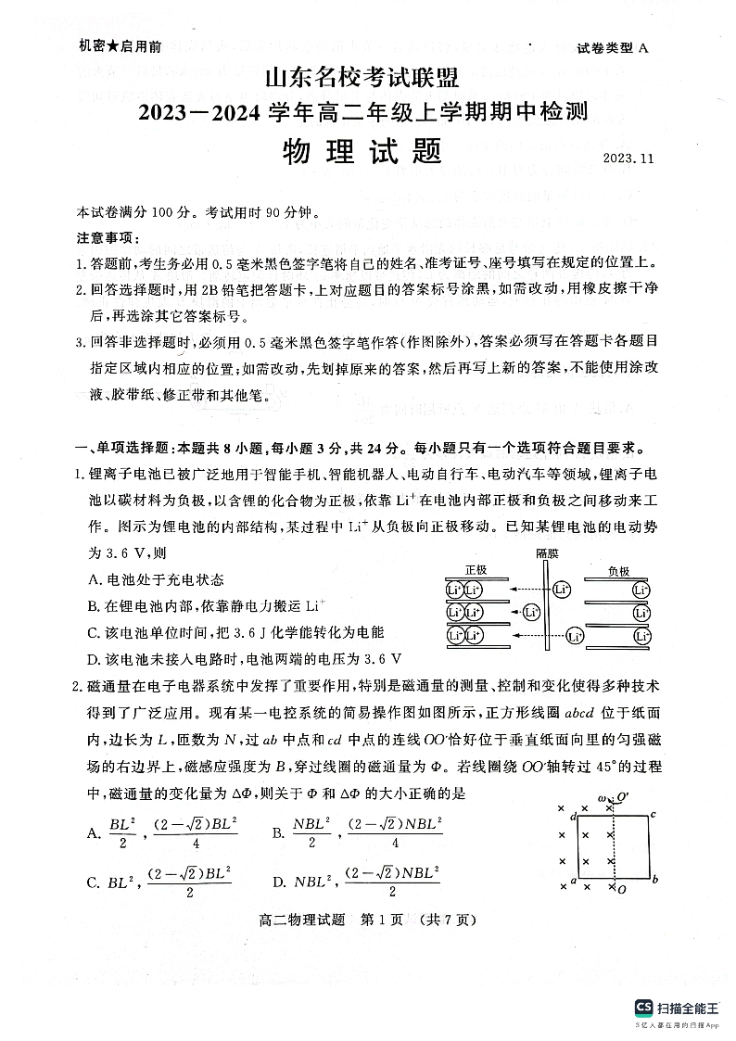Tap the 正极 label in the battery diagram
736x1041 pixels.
click(x=476, y=571)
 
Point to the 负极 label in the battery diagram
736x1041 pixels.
click(x=619, y=571)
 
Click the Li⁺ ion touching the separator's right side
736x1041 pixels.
click(x=561, y=590)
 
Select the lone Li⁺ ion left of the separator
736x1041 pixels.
click(x=531, y=612)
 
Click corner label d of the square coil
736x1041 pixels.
click(x=574, y=816)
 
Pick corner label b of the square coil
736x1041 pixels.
click(x=655, y=879)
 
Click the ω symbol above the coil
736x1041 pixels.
click(x=602, y=797)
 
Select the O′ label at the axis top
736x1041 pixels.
click(x=623, y=796)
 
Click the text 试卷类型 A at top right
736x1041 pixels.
click(x=611, y=48)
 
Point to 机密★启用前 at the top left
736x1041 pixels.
click(x=120, y=46)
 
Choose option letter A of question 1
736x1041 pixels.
click(x=93, y=580)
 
